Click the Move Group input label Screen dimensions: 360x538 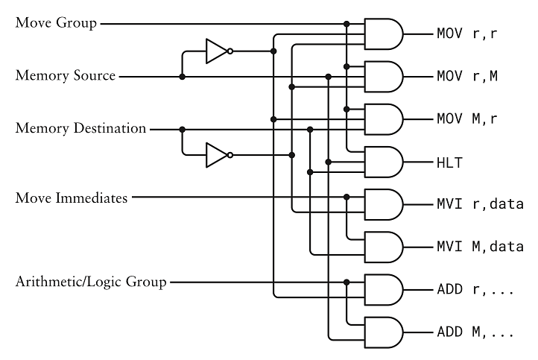point(56,23)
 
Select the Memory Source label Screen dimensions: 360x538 point(66,76)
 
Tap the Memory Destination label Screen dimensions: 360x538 point(80,129)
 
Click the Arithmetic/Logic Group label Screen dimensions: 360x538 point(91,282)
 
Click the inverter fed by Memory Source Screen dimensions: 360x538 point(218,51)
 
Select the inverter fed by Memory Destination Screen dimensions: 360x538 point(218,154)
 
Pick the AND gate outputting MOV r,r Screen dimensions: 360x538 point(383,34)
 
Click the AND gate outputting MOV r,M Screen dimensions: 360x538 point(383,76)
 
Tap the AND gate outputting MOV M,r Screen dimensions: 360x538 point(383,119)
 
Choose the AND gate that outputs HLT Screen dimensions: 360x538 point(383,161)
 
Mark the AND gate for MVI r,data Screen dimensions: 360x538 point(383,203)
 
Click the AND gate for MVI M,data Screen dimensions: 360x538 point(383,246)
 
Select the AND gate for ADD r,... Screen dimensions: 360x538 point(383,288)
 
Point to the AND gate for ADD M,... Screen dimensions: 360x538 point(383,330)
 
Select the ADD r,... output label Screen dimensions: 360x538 point(475,288)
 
